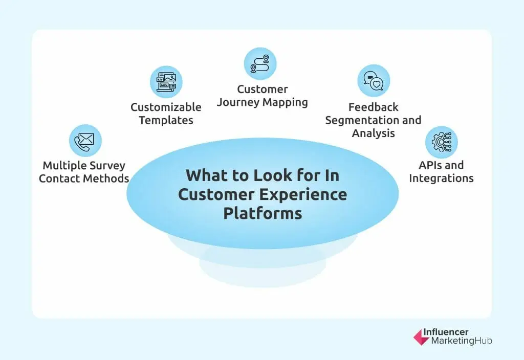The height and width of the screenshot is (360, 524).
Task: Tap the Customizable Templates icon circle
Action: tap(166, 82)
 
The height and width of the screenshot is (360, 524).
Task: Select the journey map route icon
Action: tap(260, 63)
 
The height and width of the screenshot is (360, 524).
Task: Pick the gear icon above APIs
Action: tap(441, 142)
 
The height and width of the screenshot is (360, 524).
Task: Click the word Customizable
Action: tap(166, 107)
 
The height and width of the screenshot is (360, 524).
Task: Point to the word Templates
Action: tap(166, 121)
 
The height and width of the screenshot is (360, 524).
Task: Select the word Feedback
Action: tap(373, 107)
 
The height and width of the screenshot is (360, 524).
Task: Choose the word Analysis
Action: tap(373, 133)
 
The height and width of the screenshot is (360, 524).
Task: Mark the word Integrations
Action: tap(441, 178)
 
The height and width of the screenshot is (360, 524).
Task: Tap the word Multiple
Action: tap(62, 166)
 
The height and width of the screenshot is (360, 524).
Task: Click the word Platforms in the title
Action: tap(262, 213)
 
